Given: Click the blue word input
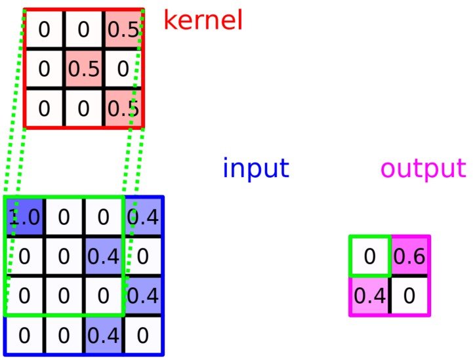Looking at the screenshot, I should pyautogui.click(x=255, y=169).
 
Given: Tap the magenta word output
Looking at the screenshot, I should pyautogui.click(x=424, y=169).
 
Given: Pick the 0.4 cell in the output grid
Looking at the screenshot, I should pyautogui.click(x=369, y=296).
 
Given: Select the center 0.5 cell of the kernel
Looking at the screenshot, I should pyautogui.click(x=83, y=69).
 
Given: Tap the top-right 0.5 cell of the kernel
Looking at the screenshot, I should pyautogui.click(x=123, y=30).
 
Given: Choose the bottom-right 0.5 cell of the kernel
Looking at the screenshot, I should pyautogui.click(x=123, y=108).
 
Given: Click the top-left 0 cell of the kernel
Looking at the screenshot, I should pyautogui.click(x=44, y=30).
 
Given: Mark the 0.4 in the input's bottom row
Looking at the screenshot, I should pyautogui.click(x=103, y=335).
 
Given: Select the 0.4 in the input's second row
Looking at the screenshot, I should pyautogui.click(x=103, y=256).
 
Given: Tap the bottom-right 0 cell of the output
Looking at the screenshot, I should pyautogui.click(x=409, y=296).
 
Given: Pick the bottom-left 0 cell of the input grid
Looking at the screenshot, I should pyautogui.click(x=24, y=335).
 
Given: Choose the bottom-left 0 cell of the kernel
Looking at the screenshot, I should pyautogui.click(x=44, y=108).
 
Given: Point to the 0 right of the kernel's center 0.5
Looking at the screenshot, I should pyautogui.click(x=123, y=69).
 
